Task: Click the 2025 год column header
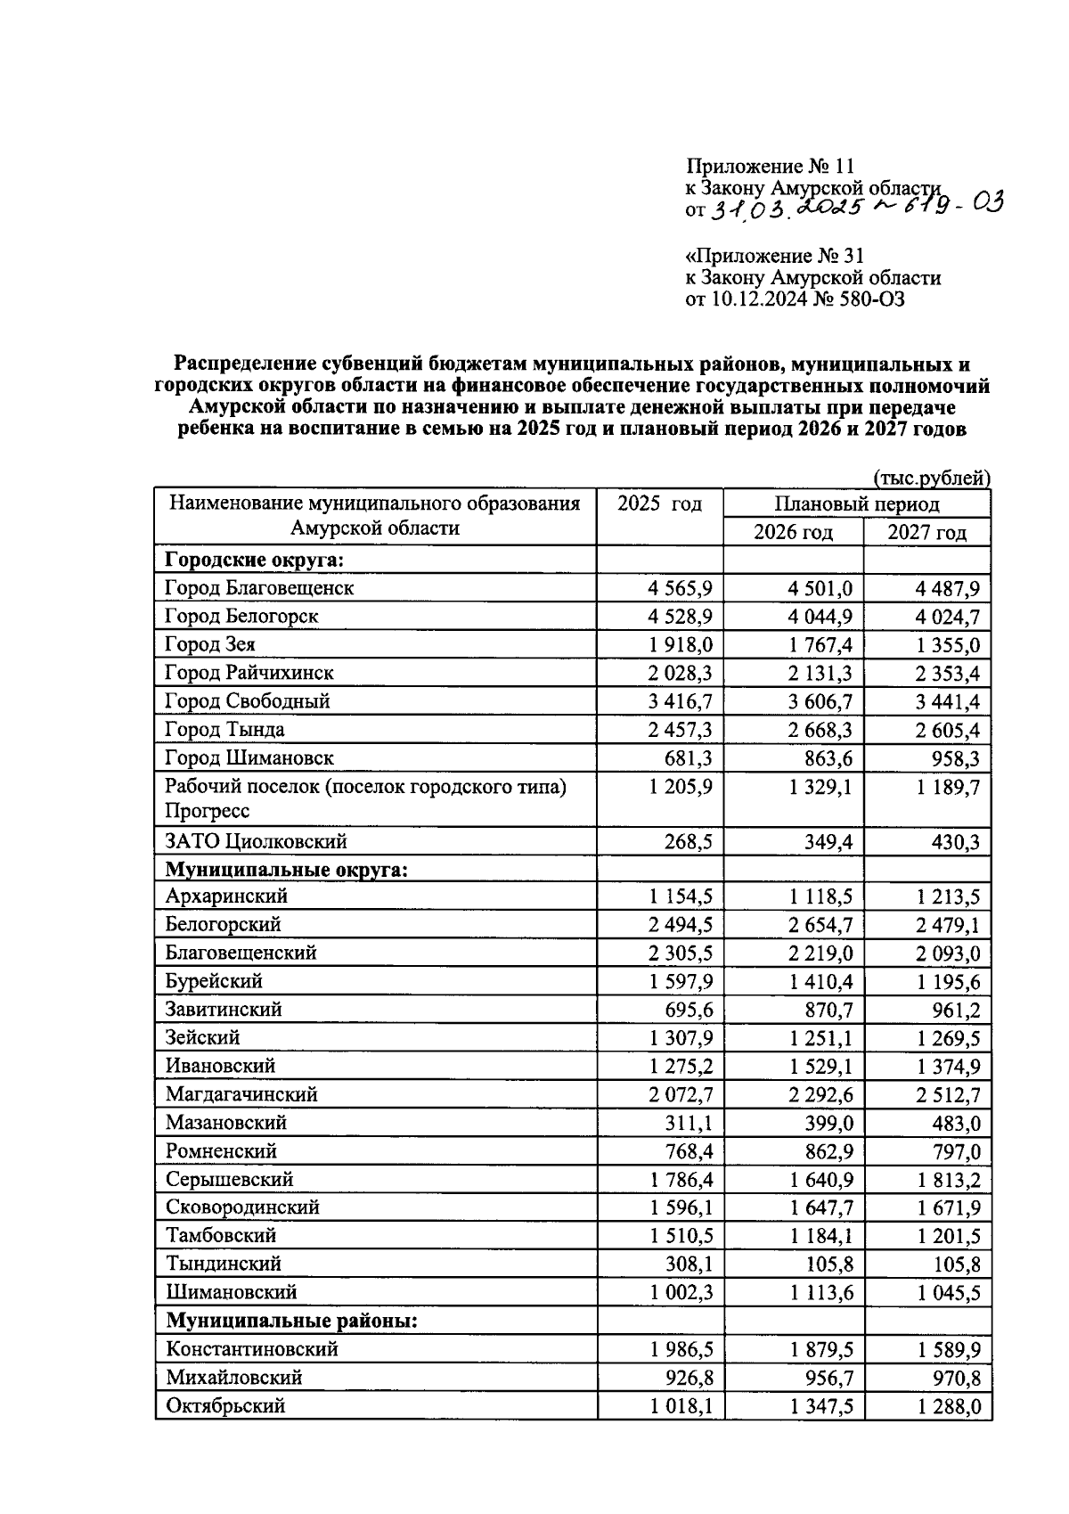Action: point(659,504)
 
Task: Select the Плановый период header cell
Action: point(856,504)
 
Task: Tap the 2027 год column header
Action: point(926,533)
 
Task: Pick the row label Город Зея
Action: point(210,644)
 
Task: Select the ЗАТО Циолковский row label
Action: point(256,841)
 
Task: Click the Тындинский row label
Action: point(223,1264)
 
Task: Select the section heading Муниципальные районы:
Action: point(291,1321)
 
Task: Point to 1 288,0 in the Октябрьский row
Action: point(948,1406)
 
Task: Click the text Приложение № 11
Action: point(770,167)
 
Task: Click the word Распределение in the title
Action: point(244,364)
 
